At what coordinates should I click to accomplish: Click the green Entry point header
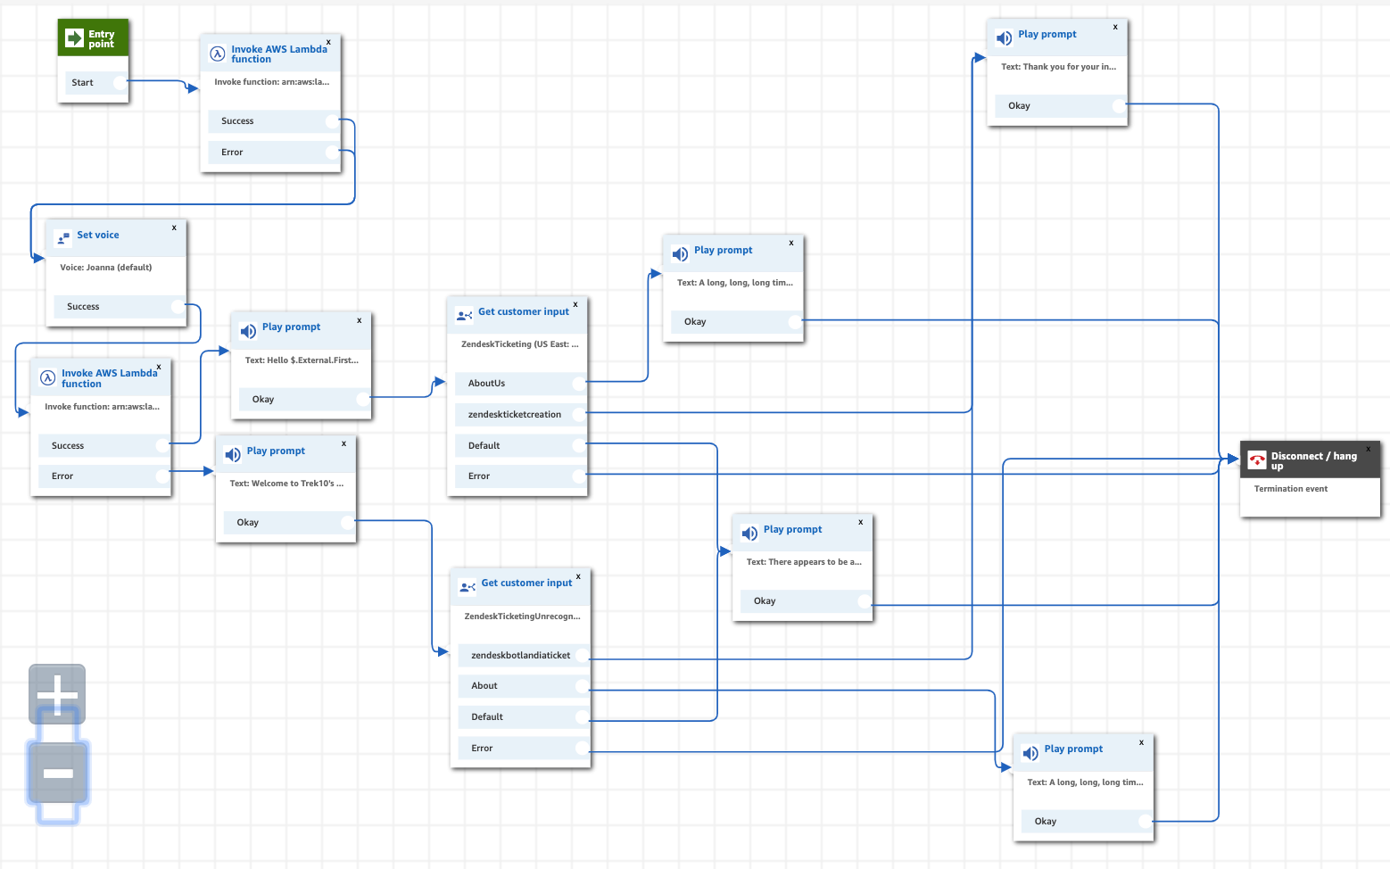93,38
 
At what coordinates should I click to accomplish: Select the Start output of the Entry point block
83,83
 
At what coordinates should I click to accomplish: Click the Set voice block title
97,236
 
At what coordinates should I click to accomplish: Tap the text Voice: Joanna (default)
105,268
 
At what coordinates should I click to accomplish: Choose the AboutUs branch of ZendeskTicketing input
487,384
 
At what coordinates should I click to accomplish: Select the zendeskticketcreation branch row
515,415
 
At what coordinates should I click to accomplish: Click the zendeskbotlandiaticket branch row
520,656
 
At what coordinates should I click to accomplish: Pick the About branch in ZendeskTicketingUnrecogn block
484,686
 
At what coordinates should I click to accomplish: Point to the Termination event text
1290,489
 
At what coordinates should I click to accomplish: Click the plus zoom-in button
57,693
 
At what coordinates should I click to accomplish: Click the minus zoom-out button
58,773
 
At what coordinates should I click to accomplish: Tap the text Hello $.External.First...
302,360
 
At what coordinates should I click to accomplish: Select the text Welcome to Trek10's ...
286,484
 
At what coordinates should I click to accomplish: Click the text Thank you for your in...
1058,67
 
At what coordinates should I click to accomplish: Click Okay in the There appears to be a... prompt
765,601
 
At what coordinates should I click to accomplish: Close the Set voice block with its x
174,228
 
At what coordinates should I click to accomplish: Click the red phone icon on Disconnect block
1257,460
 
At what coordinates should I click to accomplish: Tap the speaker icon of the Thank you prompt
1004,38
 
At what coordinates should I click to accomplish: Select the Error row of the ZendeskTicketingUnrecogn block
482,749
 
